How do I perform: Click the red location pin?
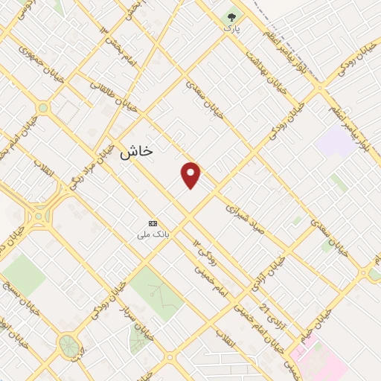(x=190, y=175)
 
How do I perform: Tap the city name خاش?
(x=136, y=150)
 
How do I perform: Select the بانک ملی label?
(x=153, y=234)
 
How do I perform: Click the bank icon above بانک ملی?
(x=153, y=223)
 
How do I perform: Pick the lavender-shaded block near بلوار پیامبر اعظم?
(x=335, y=141)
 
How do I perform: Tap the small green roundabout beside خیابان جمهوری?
(x=43, y=109)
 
